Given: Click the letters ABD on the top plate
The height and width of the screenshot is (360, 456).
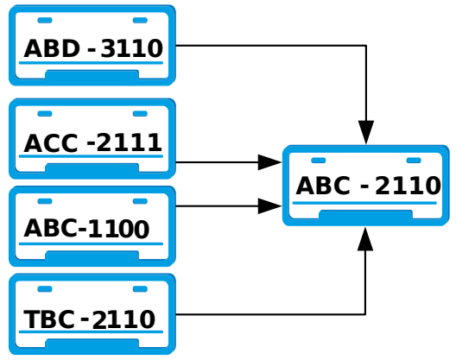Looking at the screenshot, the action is pos(52,48).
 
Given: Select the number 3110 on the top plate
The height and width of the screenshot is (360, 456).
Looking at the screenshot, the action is pos(131,48).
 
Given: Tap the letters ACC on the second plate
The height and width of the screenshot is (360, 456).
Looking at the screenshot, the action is pos(51,143).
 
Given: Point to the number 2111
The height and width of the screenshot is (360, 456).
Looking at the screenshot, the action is pos(129,142).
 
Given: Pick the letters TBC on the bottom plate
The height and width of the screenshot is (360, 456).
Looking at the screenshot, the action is pos(49,319).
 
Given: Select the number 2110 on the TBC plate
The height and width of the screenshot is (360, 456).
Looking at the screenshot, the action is pos(123,319).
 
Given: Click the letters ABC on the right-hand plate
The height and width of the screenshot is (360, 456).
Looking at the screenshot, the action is pos(323,186).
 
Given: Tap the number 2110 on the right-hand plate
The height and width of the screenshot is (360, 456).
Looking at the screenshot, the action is pos(408,186).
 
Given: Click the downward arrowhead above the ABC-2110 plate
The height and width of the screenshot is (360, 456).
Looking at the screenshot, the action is pos(366,132).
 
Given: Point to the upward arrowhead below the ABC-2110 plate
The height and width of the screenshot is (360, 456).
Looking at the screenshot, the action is pos(365,239).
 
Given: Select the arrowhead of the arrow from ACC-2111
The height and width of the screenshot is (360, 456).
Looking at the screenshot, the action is pos(269,162).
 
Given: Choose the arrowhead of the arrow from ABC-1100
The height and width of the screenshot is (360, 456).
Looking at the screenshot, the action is pos(269,206).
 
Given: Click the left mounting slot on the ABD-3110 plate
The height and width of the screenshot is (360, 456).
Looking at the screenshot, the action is pos(45,20).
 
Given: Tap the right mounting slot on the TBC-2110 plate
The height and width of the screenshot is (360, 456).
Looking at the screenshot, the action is pos(140,288).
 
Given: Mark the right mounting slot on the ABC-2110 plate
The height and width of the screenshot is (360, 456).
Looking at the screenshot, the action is pos(414,161).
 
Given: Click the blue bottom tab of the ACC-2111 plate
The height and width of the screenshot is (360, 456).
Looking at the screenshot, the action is pos(92,168).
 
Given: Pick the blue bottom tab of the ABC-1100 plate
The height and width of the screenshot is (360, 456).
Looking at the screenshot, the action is pos(92,256).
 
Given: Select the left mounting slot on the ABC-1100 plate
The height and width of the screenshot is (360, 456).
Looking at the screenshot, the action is pos(45,201).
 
